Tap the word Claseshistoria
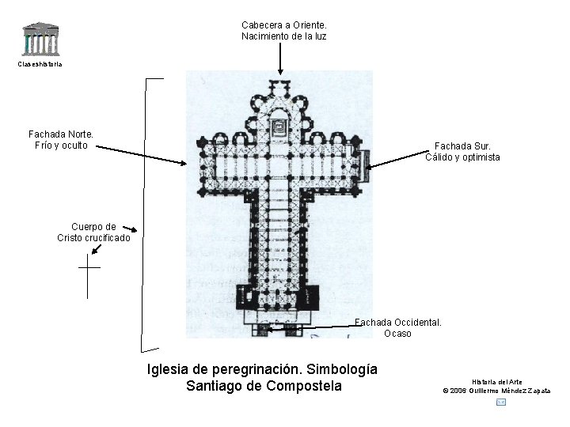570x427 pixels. coord(40,63)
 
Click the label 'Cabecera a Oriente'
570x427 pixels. coord(283,25)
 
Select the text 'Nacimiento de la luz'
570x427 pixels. coord(283,36)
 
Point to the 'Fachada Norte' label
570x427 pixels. coord(61,134)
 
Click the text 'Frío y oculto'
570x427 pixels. coord(61,145)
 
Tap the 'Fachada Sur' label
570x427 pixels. coord(462,146)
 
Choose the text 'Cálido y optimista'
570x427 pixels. coord(462,157)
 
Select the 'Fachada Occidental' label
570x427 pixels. coord(397,322)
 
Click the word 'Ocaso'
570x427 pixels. coord(397,333)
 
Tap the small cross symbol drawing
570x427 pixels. coord(89,277)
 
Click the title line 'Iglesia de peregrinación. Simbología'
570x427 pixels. coord(263,369)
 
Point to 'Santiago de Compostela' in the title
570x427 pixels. coord(263,386)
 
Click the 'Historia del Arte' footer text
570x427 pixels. coord(496,382)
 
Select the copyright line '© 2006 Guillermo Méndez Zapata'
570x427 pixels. coord(496,391)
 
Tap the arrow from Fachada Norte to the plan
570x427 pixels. coord(139,154)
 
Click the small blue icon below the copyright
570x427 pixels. coord(500,402)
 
